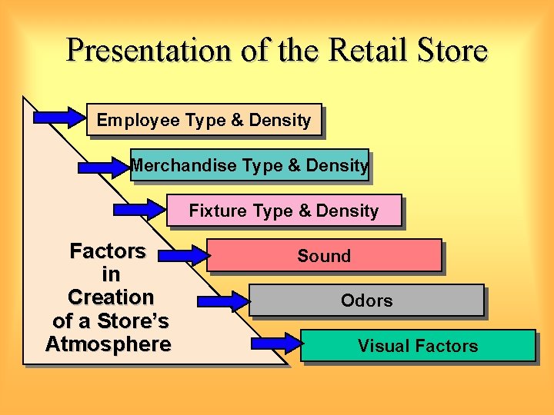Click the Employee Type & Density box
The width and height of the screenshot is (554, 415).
[204, 120]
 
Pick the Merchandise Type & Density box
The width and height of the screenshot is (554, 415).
[249, 165]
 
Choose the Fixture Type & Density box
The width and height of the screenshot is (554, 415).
[284, 211]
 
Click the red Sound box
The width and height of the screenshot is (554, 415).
[324, 256]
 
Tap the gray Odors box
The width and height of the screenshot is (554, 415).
[366, 300]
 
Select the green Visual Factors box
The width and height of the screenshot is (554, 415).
[418, 346]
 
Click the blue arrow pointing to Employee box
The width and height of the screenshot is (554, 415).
[59, 118]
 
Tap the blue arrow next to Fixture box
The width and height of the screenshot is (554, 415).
[138, 209]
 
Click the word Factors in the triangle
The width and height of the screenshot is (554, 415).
[108, 251]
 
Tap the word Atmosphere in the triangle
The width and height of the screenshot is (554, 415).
[108, 344]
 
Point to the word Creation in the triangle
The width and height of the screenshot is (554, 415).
[111, 297]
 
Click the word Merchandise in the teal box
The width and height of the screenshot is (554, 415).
[184, 165]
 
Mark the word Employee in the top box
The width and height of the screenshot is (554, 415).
[135, 120]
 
